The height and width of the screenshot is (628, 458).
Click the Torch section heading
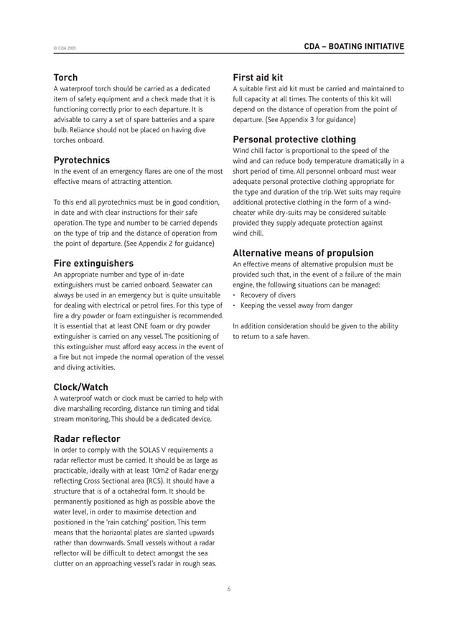(66, 78)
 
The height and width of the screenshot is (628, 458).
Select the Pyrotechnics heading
(82, 160)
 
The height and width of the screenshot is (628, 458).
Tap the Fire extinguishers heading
(93, 263)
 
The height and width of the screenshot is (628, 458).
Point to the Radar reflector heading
(87, 438)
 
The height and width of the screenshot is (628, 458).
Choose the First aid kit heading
(258, 78)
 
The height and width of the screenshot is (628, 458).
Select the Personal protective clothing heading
(294, 139)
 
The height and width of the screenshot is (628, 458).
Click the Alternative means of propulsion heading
(303, 253)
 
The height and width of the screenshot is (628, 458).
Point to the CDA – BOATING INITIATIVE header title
(354, 47)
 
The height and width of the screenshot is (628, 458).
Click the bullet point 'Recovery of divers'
(270, 295)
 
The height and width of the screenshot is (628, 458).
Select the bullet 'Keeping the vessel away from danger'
(296, 305)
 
